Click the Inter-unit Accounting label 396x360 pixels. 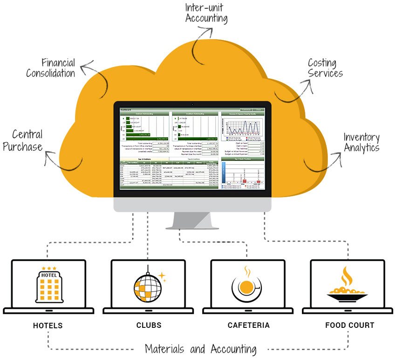pyautogui.click(x=206, y=13)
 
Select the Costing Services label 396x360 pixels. pyautogui.click(x=325, y=68)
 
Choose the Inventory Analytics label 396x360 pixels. pyautogui.click(x=362, y=143)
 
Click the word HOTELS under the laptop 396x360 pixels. pyautogui.click(x=48, y=325)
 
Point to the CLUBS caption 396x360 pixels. pyautogui.click(x=149, y=325)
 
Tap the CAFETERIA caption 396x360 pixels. pyautogui.click(x=248, y=325)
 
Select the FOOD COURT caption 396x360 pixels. pyautogui.click(x=349, y=325)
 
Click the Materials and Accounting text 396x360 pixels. pyautogui.click(x=200, y=349)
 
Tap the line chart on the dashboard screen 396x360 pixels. pyautogui.click(x=242, y=126)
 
